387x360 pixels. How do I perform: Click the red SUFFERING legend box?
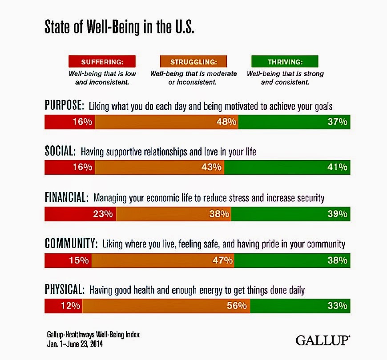102,61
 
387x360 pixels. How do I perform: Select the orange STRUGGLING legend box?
193,61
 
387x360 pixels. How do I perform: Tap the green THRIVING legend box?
285,61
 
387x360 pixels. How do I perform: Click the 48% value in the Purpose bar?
226,122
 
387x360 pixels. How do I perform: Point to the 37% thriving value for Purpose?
337,122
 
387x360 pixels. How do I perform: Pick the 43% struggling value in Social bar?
211,167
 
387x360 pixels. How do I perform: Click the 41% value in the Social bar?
337,167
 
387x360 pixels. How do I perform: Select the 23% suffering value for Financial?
103,214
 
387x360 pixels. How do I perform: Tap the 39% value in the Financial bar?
337,214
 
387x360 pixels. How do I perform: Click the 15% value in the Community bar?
79,260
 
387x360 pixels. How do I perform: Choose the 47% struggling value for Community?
222,260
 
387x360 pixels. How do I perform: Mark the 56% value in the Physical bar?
237,306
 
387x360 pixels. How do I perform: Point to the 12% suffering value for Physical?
70,306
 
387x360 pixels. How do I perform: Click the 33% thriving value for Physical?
337,306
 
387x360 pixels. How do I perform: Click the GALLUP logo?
323,340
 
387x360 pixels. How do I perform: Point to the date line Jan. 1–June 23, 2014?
75,344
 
